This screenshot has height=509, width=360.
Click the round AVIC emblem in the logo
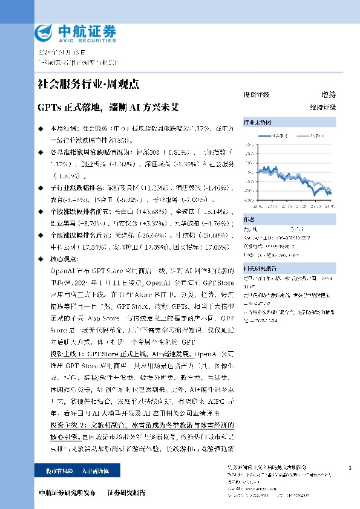click(x=45, y=32)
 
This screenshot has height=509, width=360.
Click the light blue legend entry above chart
click(x=315, y=137)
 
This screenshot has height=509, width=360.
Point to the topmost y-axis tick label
click(x=249, y=144)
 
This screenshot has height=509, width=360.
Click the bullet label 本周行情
click(x=62, y=129)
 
